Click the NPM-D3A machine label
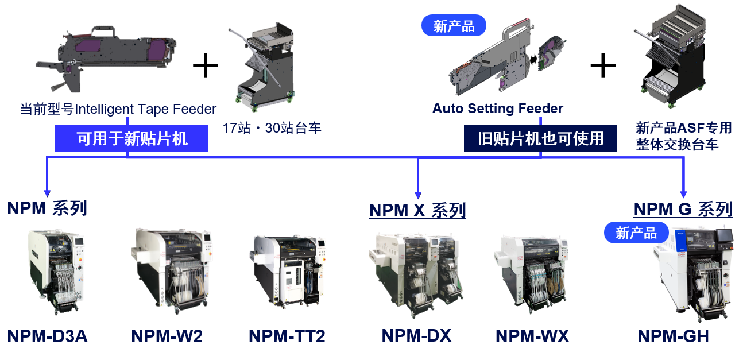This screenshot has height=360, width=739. [x=47, y=336]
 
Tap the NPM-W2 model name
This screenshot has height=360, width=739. [x=167, y=336]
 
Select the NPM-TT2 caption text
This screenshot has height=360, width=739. [x=287, y=336]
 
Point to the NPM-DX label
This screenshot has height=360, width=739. [x=416, y=335]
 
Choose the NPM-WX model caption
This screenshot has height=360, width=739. [x=532, y=336]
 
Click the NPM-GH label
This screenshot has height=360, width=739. [x=674, y=336]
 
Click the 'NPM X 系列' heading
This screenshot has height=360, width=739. [x=417, y=210]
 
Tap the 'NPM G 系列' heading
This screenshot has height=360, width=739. [x=683, y=209]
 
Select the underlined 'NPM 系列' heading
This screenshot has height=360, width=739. [x=47, y=208]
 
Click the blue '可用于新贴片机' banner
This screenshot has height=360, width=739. [x=131, y=138]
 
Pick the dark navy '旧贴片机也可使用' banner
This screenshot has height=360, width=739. [x=540, y=138]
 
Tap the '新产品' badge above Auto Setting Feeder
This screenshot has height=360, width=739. [x=454, y=25]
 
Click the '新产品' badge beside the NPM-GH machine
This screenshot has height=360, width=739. [x=636, y=233]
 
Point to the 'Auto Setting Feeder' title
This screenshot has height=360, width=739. [x=497, y=109]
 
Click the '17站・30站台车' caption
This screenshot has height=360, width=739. [x=272, y=128]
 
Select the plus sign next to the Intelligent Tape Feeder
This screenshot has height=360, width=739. [x=205, y=65]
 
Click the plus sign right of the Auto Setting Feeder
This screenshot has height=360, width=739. [x=603, y=65]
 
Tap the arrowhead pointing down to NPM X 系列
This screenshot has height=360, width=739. [x=417, y=194]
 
